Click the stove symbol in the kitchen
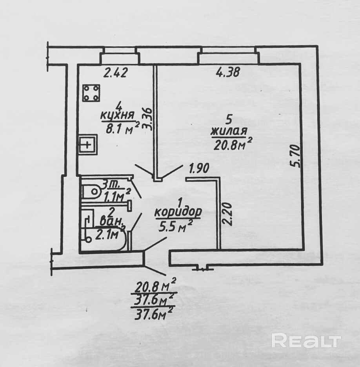click(x=92, y=93)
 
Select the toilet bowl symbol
click(x=93, y=192)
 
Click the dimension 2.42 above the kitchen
click(x=115, y=73)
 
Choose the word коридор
click(x=178, y=212)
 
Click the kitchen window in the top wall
click(x=120, y=57)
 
